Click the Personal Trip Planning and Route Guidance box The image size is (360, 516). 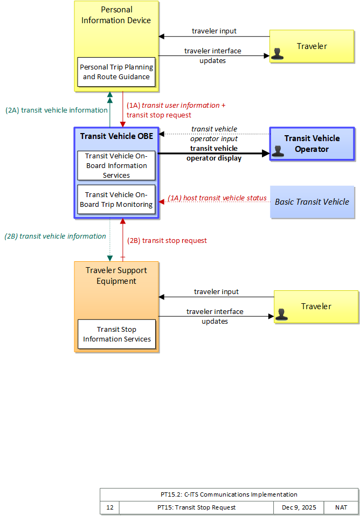tap(116, 72)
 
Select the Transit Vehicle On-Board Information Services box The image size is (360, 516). tap(116, 165)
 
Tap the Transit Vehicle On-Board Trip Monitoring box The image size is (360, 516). tap(116, 199)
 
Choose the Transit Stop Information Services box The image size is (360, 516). tap(116, 334)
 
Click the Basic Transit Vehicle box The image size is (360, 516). tap(312, 202)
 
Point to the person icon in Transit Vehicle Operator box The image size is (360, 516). tap(278, 151)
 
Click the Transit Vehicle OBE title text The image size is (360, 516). tap(116, 136)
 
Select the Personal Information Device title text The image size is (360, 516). tap(116, 15)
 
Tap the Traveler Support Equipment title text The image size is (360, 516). tap(116, 276)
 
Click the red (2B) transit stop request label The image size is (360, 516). tap(167, 241)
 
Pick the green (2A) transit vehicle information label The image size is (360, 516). tap(57, 110)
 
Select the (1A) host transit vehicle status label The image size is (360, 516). tap(217, 198)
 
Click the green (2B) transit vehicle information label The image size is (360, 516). tap(56, 236)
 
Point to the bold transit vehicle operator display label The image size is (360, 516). tap(214, 154)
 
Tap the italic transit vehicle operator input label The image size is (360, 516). tap(214, 134)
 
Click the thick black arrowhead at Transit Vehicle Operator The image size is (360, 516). tap(266, 154)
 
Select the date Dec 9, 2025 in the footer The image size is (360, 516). tap(299, 507)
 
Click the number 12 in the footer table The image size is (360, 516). tap(110, 507)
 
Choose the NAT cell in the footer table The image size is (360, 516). tap(341, 507)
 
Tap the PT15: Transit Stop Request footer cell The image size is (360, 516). tap(196, 507)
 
